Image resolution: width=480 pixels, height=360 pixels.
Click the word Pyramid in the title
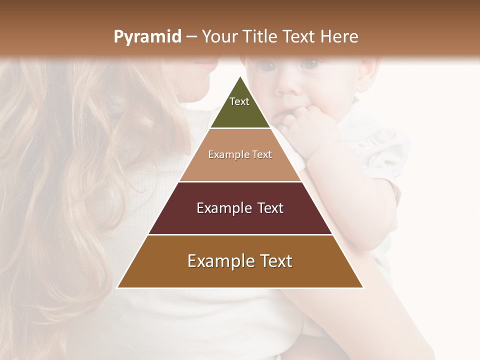click(147, 37)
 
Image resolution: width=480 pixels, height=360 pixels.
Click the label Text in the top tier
click(239, 101)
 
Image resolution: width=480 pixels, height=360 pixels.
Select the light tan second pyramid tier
click(240, 167)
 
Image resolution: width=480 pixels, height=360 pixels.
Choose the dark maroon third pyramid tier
click(240, 220)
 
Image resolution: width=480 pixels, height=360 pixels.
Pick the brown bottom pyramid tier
click(240, 275)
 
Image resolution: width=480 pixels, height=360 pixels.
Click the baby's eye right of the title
click(311, 64)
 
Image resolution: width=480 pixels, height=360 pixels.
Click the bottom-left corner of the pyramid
click(117, 287)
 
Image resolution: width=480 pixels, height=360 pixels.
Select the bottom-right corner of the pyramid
click(363, 287)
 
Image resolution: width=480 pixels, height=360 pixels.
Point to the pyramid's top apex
click(240, 76)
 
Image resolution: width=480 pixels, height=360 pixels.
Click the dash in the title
click(191, 37)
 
